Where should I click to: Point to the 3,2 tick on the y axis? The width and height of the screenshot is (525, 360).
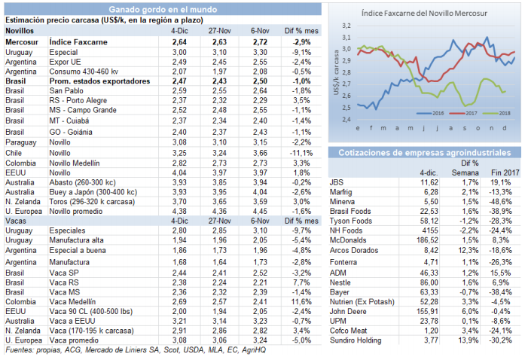click(346, 26)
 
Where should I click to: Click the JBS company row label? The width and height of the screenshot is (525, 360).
click(337, 182)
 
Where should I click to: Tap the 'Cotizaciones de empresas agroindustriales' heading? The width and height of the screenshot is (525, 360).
click(425, 153)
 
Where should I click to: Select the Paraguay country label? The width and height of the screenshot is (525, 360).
click(21, 142)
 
